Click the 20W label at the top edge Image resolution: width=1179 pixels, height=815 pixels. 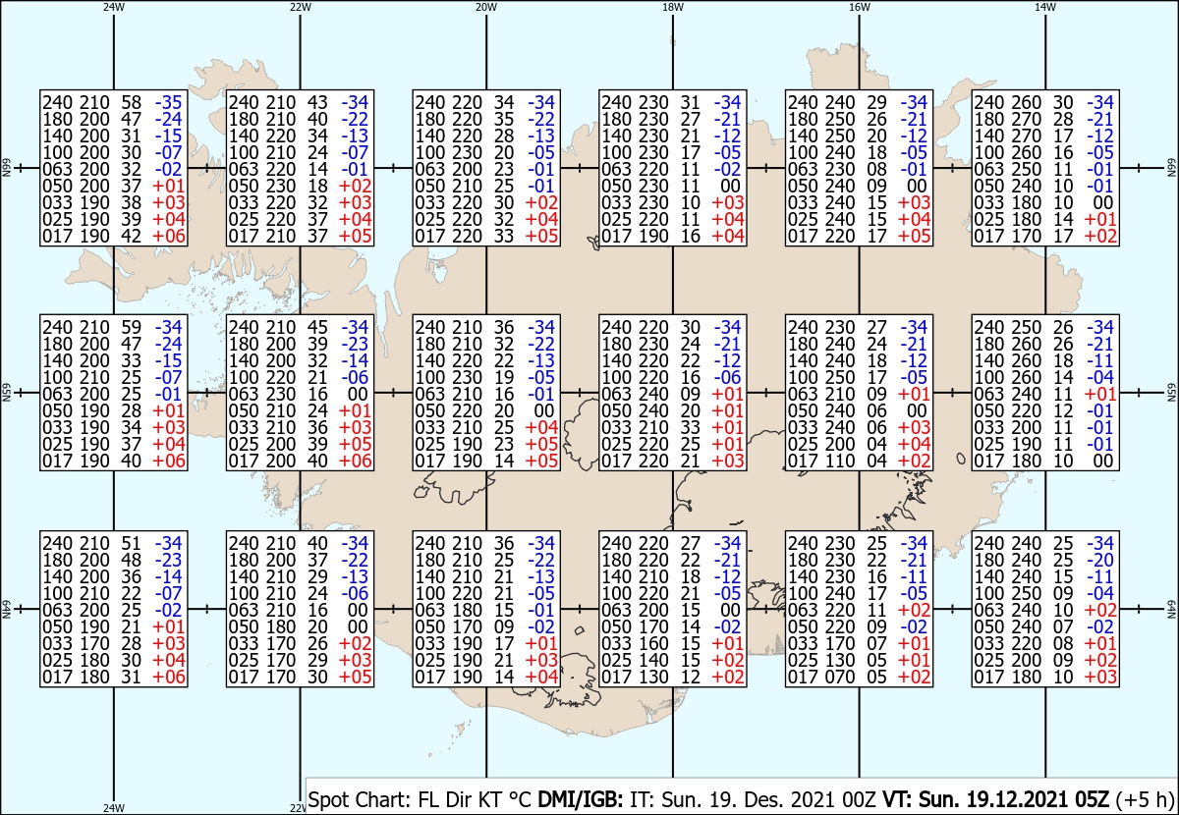[486, 7]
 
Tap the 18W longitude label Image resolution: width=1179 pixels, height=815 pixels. [673, 7]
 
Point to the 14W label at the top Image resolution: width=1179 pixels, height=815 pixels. [1045, 7]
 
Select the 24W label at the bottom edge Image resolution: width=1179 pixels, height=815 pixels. [114, 807]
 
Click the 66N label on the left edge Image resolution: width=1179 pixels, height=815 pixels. [6, 168]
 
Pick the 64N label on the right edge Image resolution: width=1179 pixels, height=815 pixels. [1171, 609]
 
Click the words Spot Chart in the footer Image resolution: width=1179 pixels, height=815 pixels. [359, 799]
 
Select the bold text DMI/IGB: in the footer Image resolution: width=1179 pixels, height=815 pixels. [580, 799]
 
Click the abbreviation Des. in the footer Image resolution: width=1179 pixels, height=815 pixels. [762, 799]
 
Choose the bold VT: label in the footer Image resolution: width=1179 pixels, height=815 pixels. [897, 799]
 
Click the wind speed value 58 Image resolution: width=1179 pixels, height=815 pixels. [132, 102]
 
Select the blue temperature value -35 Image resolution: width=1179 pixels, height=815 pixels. [168, 102]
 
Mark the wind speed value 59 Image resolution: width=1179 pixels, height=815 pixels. [132, 327]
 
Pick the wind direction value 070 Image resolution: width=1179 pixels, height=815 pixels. [840, 678]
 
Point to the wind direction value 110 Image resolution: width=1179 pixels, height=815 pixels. [840, 461]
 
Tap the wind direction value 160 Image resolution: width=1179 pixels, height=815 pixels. [653, 643]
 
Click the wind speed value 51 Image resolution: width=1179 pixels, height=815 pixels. [132, 543]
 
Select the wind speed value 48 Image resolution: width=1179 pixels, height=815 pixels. [132, 560]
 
